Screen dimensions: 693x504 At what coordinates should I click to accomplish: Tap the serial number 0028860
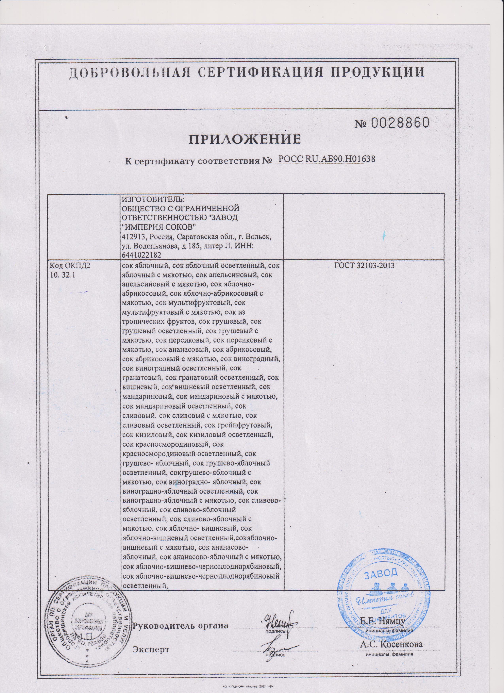click(401, 123)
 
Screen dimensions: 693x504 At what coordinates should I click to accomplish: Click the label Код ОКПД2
click(70, 266)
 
